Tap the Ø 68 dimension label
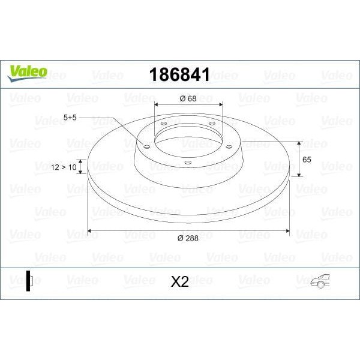click(188, 98)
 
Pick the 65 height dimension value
click(306, 160)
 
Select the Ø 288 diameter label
click(188, 239)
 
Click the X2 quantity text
click(179, 281)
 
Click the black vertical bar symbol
click(28, 280)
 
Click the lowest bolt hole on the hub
click(187, 162)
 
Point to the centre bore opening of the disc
click(188, 139)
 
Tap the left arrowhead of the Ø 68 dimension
click(157, 106)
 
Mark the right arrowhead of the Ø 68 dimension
click(221, 106)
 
